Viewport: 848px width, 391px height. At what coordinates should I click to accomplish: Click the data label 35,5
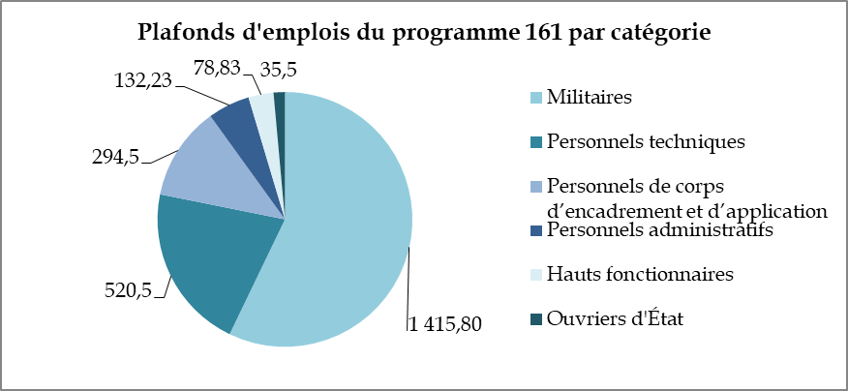tap(279, 67)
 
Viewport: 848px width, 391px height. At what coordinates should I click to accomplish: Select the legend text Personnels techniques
tap(645, 142)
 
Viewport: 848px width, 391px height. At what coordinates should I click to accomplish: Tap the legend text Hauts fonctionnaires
tap(639, 274)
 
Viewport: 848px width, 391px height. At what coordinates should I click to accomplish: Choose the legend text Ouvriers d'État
tap(616, 318)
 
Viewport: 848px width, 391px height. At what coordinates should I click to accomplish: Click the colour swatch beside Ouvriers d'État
tap(535, 318)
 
